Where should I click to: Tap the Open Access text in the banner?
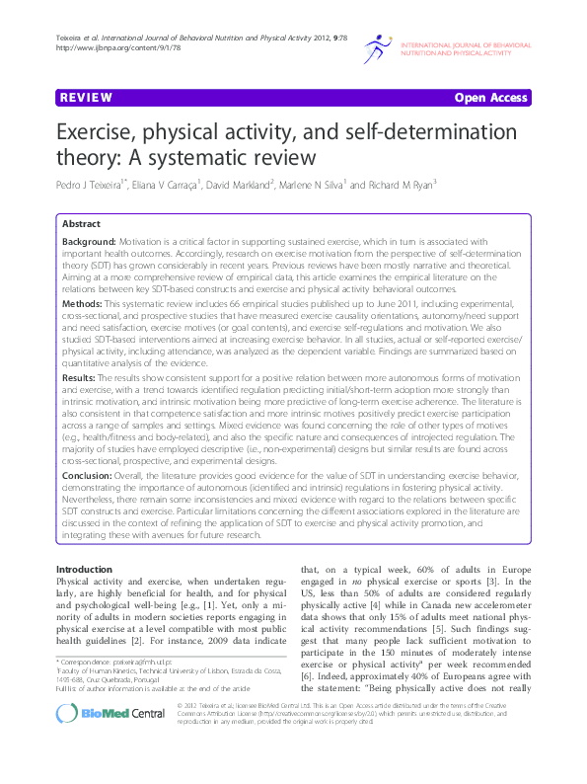point(491,99)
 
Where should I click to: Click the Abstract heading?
point(82,225)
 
